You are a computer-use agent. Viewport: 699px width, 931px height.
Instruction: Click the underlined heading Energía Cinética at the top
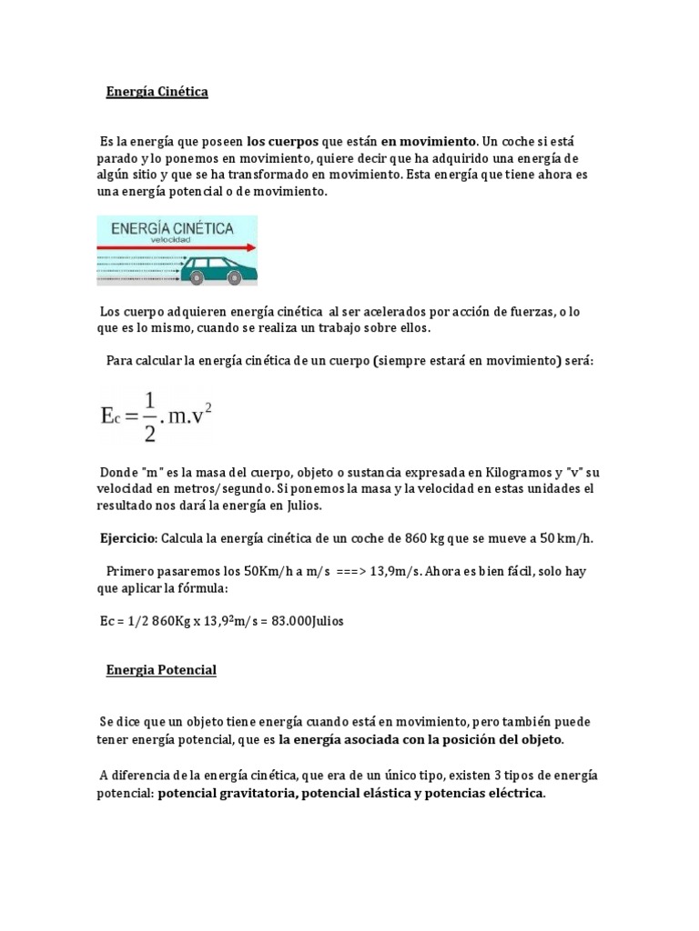pyautogui.click(x=157, y=93)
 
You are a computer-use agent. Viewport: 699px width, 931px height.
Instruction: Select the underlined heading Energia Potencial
pyautogui.click(x=161, y=670)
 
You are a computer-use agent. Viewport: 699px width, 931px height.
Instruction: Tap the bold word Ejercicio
pyautogui.click(x=128, y=537)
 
